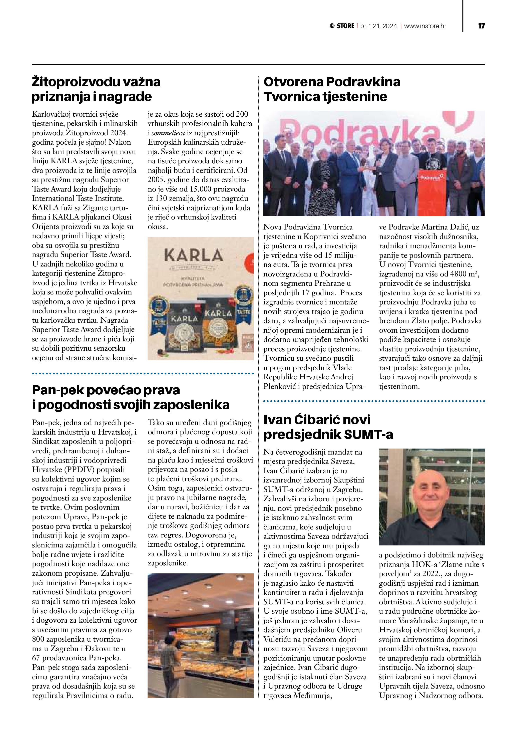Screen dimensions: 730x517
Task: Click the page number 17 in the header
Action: pyautogui.click(x=481, y=26)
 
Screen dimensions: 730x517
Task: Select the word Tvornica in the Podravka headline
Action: pyautogui.click(x=291, y=97)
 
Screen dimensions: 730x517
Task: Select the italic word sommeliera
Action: pyautogui.click(x=164, y=133)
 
